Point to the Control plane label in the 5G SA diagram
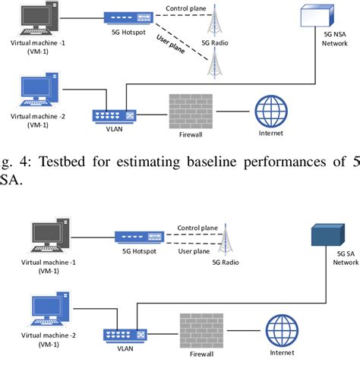198,227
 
